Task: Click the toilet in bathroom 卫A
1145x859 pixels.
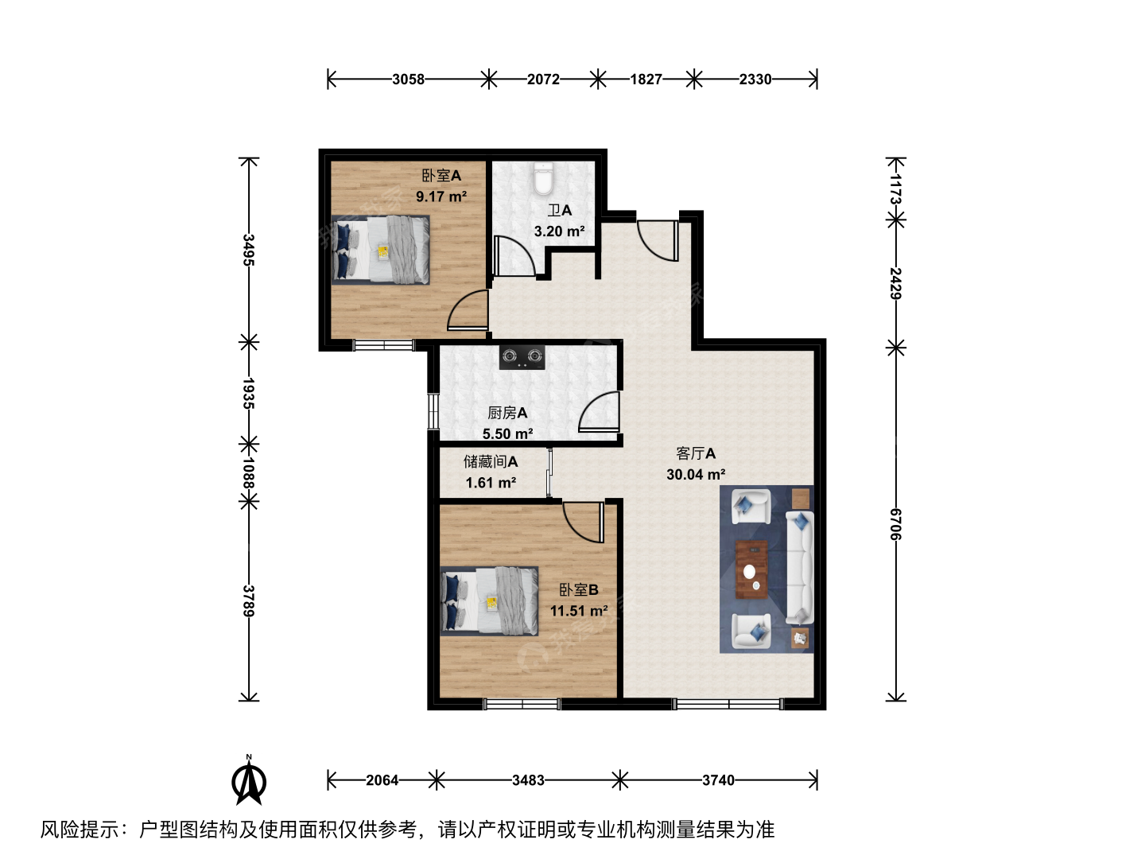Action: click(543, 179)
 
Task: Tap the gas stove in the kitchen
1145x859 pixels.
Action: click(522, 357)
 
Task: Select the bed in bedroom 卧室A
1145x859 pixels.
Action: click(381, 250)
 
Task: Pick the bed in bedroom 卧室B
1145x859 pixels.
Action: click(489, 601)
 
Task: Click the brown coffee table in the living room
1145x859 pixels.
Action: click(751, 569)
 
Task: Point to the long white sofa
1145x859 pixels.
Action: click(800, 567)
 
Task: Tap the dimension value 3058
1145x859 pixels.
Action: click(409, 80)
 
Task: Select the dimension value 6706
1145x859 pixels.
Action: click(895, 524)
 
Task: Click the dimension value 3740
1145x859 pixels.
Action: click(718, 780)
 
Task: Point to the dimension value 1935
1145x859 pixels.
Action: click(249, 394)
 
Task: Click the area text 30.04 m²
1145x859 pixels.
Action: click(696, 474)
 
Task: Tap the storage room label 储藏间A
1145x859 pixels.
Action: click(491, 461)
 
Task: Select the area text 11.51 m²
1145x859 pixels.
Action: click(579, 611)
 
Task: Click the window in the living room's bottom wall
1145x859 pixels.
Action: click(728, 705)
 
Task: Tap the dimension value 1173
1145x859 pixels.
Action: click(895, 189)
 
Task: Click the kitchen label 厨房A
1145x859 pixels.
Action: click(507, 413)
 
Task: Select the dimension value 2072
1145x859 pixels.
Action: click(543, 80)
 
